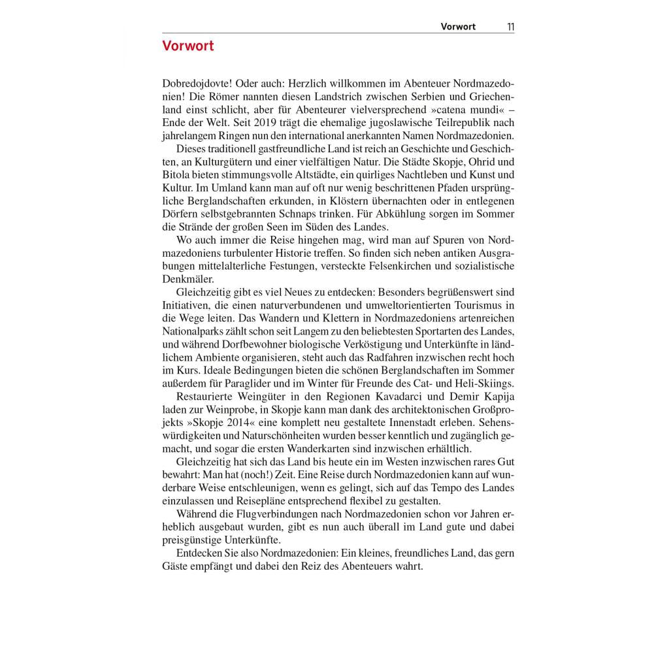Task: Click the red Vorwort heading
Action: [x=188, y=46]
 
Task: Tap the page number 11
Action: [x=510, y=27]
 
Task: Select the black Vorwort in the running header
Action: [x=458, y=27]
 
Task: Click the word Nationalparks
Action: [x=193, y=331]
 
